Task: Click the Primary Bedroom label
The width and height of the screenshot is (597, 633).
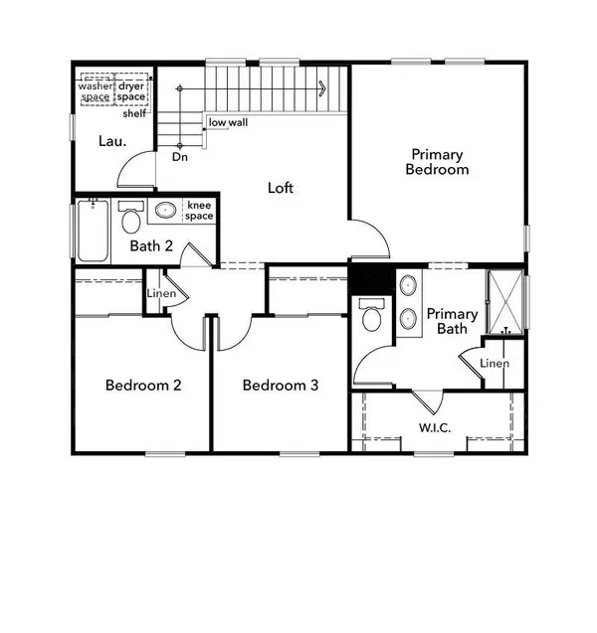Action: (x=437, y=162)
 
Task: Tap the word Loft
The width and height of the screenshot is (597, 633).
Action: (x=281, y=187)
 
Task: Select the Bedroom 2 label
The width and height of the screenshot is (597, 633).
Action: (x=142, y=386)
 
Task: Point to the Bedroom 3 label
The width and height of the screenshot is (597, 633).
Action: (x=281, y=386)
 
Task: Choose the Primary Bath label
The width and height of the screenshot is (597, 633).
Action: (x=453, y=321)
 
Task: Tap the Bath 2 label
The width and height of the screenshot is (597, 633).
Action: (x=152, y=246)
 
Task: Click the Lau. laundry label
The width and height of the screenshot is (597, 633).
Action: (x=110, y=141)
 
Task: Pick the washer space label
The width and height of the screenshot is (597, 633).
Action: (x=97, y=91)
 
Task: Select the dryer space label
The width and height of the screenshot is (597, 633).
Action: (x=131, y=91)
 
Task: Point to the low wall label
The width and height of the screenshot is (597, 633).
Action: (x=227, y=123)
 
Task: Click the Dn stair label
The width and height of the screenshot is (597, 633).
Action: (x=180, y=157)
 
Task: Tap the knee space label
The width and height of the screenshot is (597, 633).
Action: (x=199, y=211)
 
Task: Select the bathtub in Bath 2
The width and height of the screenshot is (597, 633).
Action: (x=91, y=231)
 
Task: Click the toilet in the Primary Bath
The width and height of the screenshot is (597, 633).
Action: (x=371, y=317)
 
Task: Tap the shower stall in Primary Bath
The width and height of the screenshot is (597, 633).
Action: (x=504, y=301)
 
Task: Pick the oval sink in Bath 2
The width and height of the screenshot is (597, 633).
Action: (x=165, y=211)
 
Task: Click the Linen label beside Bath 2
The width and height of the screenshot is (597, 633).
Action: (x=161, y=294)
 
